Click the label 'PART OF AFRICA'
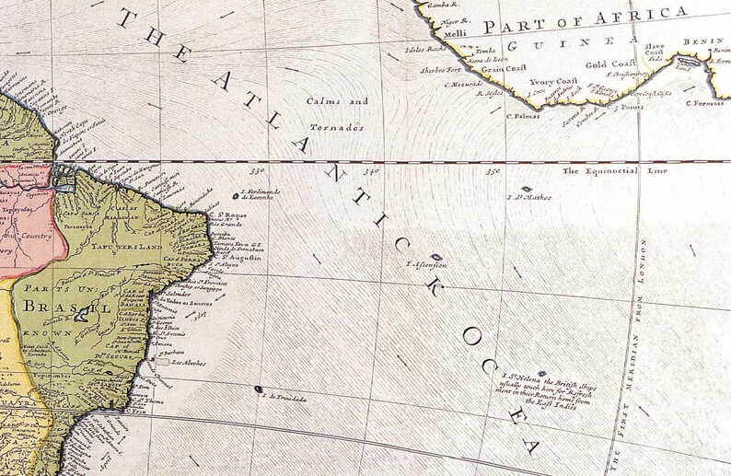tap(586, 19)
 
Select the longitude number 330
tap(257, 170)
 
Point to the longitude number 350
tap(493, 170)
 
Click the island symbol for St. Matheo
tap(526, 189)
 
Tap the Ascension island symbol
tap(436, 258)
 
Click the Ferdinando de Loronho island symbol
tap(234, 195)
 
